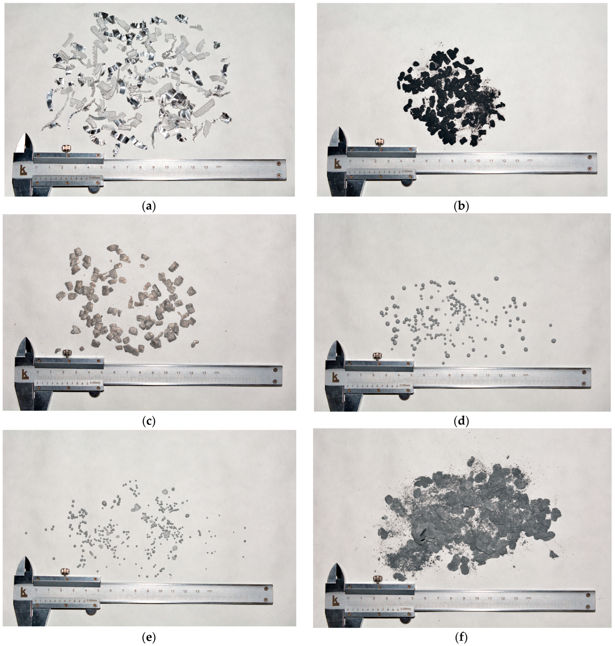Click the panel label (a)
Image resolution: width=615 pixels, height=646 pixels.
149,206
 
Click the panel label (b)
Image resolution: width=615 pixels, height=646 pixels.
461,206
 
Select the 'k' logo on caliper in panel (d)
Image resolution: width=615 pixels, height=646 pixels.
335,377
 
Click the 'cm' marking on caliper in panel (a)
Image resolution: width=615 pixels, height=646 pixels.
219,167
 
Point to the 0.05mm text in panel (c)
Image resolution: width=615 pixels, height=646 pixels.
95,383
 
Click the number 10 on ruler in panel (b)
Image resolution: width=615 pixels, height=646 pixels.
478,161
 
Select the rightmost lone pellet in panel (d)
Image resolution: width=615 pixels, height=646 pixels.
554,341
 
